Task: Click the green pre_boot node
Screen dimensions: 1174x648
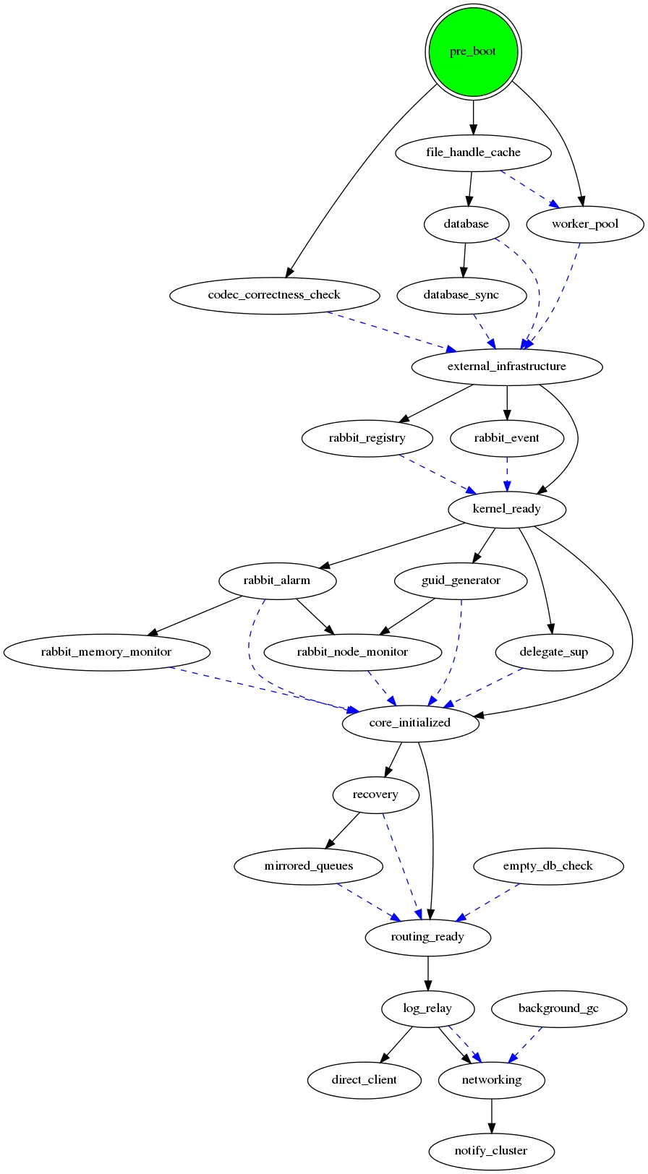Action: [473, 51]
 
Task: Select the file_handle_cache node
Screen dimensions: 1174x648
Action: [473, 153]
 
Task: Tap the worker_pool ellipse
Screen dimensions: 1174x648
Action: [584, 224]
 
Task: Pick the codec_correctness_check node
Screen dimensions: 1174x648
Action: [274, 295]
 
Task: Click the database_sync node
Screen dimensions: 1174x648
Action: [461, 295]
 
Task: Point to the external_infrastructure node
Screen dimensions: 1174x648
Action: [506, 367]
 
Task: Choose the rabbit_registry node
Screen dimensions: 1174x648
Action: [367, 438]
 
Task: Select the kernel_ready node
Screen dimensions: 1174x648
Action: [506, 509]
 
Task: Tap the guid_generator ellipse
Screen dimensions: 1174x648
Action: [461, 580]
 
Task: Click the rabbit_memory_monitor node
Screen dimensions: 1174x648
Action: [106, 652]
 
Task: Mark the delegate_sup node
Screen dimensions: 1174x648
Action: [554, 652]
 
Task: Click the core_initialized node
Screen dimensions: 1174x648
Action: [409, 723]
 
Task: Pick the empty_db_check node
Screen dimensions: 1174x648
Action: [547, 866]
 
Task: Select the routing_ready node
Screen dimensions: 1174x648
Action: [427, 937]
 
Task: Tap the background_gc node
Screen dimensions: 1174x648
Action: [558, 1008]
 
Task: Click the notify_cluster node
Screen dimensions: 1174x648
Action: [491, 1151]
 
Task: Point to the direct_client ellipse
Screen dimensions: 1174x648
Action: [364, 1080]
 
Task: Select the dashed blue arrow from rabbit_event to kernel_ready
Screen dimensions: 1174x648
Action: [507, 474]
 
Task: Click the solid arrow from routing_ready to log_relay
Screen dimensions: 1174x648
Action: [428, 973]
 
